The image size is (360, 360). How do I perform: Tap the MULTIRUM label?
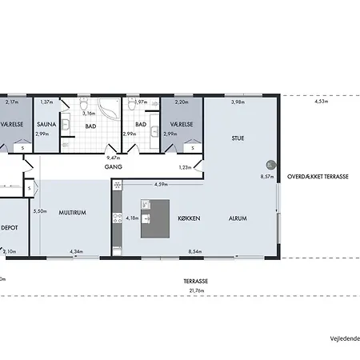click(72, 213)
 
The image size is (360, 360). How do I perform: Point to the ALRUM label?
click(237, 218)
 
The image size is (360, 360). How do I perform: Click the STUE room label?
click(238, 138)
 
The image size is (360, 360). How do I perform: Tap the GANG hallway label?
click(112, 168)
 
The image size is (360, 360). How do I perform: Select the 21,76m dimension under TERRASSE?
click(195, 289)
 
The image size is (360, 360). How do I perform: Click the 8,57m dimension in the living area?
click(267, 176)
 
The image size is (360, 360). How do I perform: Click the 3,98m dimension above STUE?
click(238, 102)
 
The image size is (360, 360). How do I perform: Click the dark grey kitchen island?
click(157, 218)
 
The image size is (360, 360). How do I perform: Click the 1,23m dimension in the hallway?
click(185, 167)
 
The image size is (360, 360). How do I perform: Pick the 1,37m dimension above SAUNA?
click(46, 102)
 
